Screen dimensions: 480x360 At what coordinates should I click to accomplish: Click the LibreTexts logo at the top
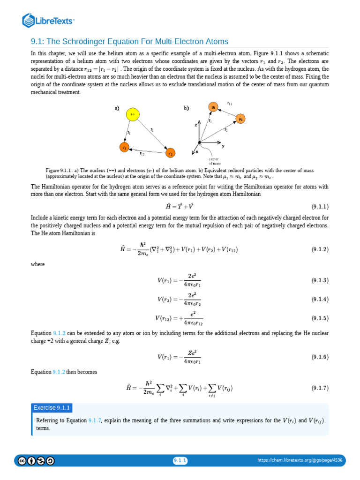49,20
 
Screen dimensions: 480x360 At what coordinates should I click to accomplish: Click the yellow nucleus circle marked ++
133,114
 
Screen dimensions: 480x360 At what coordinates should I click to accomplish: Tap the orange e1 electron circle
125,147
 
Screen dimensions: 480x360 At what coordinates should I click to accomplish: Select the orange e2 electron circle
170,153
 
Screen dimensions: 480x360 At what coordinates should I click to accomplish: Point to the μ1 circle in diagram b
213,107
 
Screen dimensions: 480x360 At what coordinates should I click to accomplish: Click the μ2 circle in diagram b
240,119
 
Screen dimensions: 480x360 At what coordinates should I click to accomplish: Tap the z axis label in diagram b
196,126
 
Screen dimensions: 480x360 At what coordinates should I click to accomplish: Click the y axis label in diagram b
223,146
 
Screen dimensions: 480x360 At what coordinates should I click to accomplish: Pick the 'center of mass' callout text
214,161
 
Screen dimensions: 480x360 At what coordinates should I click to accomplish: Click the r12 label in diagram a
142,154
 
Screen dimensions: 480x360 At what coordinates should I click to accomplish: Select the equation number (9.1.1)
320,206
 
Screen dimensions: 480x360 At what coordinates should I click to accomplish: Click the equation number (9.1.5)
320,318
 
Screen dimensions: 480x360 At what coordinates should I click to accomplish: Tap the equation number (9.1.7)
320,388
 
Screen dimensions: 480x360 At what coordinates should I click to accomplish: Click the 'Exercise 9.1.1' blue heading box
52,408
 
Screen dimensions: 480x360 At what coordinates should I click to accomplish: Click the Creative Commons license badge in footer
36,461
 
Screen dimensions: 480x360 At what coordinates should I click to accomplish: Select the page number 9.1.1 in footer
180,461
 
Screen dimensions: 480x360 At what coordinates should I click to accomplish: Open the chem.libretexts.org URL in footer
300,461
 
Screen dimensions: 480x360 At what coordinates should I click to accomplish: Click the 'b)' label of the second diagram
186,108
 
